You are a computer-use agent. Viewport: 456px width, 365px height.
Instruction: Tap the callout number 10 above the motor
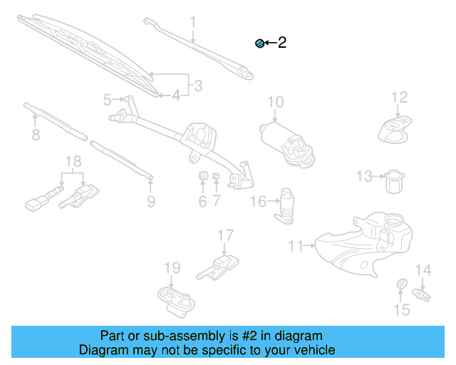pos(275,102)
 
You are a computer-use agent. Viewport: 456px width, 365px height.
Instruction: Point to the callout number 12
pos(399,97)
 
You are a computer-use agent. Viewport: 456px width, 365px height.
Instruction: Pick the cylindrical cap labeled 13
pos(393,181)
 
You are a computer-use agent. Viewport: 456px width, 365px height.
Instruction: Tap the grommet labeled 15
pos(401,287)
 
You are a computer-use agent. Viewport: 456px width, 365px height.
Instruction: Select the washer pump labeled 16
pos(289,205)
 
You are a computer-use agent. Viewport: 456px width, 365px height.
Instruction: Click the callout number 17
pos(225,235)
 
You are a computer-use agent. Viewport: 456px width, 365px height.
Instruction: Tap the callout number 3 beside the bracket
pos(198,86)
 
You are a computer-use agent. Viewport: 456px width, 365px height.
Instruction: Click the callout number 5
pos(108,99)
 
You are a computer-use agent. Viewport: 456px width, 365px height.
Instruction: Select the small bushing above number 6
pos(202,176)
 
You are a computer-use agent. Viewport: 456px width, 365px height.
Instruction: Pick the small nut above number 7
pos(216,176)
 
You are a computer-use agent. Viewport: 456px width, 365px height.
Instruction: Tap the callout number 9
pos(150,202)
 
